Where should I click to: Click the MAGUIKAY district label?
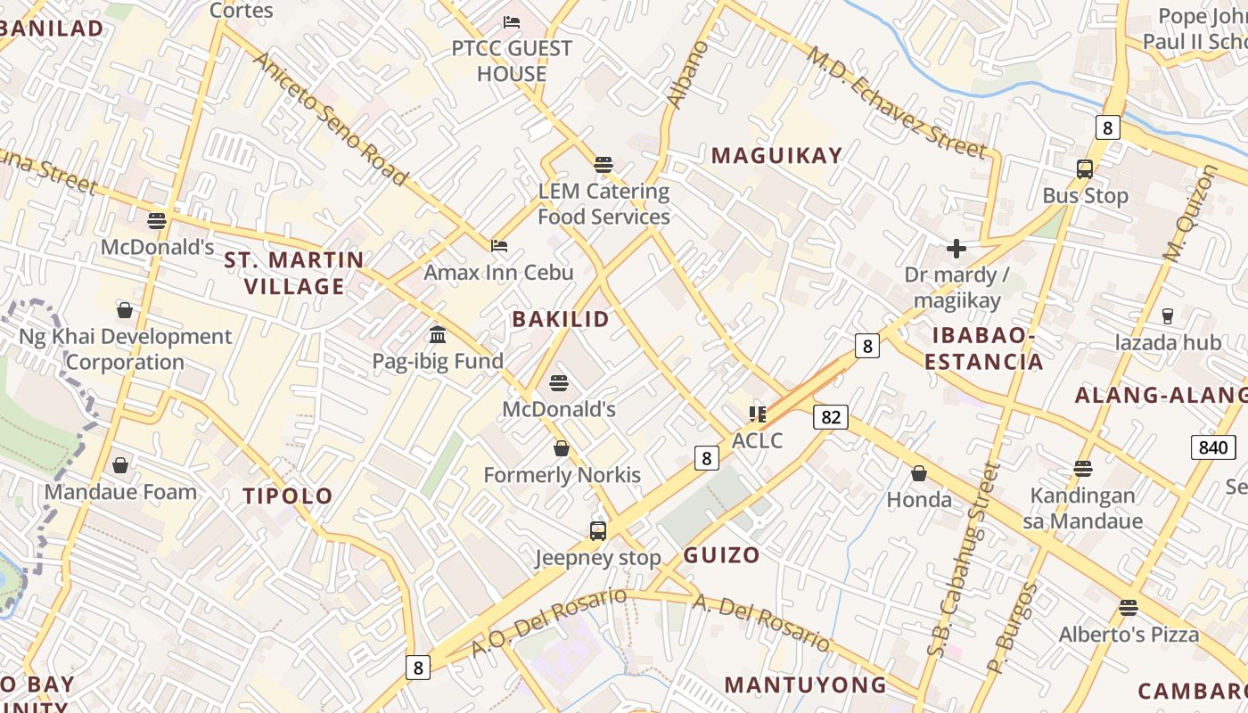click(776, 156)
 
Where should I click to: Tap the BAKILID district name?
click(561, 319)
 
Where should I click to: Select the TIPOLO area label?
click(288, 496)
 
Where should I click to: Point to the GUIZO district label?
click(722, 555)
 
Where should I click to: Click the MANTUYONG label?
click(805, 684)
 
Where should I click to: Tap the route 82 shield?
click(830, 416)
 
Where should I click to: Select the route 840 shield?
click(1213, 447)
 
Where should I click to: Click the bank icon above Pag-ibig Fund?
click(438, 335)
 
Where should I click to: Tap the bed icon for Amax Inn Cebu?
click(499, 245)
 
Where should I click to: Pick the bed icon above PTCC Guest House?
click(512, 21)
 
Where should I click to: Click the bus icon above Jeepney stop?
click(598, 531)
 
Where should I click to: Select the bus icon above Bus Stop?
click(1085, 169)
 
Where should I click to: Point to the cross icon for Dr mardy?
click(956, 248)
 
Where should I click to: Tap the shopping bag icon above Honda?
click(919, 473)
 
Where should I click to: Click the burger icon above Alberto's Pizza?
click(1129, 608)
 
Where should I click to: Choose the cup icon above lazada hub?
click(1168, 316)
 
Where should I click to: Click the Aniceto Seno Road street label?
click(331, 119)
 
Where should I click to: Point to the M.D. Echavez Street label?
click(896, 102)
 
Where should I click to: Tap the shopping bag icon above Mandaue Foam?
click(120, 465)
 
